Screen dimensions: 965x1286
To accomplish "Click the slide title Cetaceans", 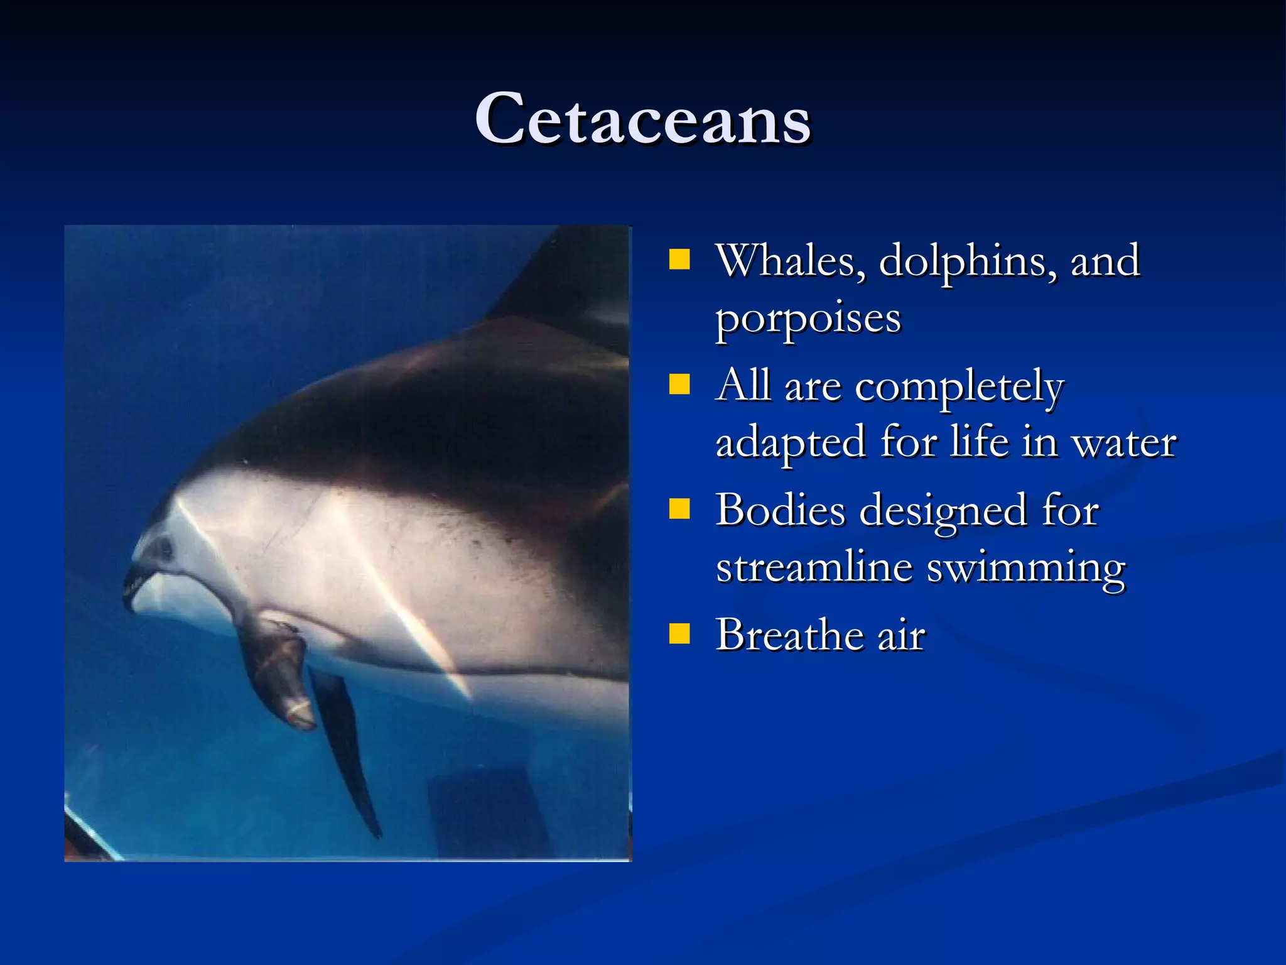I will click(642, 119).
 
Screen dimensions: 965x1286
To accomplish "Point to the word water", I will click(1124, 443).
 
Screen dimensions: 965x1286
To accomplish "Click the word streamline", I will click(813, 567).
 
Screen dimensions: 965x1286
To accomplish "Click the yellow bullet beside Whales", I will click(679, 259).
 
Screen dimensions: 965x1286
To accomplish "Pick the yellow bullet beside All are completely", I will click(679, 383).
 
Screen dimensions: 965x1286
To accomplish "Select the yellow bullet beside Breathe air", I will click(679, 633).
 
